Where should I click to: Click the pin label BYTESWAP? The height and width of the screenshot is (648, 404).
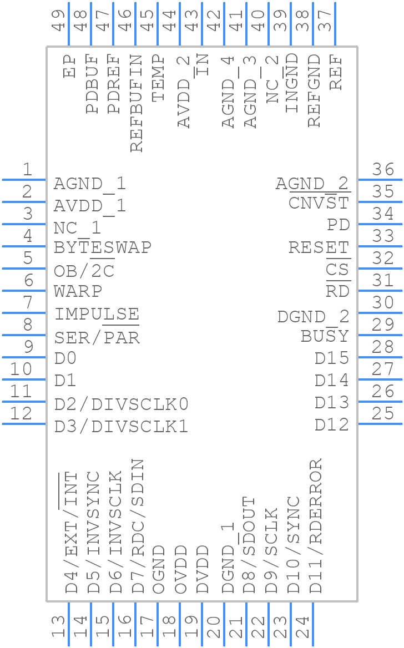[103, 247]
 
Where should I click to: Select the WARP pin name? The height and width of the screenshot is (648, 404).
[78, 291]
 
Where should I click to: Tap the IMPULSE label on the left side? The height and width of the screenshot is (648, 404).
[97, 314]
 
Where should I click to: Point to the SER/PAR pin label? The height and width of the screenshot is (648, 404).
[97, 337]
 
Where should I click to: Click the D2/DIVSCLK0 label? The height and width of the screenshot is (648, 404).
[122, 404]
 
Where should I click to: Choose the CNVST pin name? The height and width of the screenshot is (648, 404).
[319, 203]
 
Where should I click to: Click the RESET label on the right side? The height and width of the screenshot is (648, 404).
[319, 247]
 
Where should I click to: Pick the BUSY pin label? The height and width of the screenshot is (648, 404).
[325, 336]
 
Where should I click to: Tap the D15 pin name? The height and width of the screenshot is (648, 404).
[332, 358]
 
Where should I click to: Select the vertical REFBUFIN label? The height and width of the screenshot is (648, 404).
[137, 103]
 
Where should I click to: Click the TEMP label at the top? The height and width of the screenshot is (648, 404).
[159, 78]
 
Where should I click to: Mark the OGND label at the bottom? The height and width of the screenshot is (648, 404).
[159, 569]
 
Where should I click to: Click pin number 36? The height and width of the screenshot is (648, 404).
[383, 169]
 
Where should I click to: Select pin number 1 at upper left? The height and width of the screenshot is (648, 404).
[27, 169]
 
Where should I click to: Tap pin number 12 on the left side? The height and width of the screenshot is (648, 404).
[21, 413]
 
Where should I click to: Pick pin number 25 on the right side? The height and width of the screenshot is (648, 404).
[383, 413]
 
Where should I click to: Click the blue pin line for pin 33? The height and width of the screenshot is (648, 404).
[380, 246]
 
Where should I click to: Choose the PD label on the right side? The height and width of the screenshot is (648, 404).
[338, 225]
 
